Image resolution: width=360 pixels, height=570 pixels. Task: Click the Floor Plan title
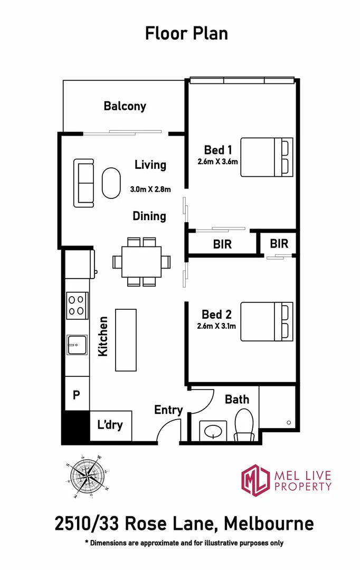186,33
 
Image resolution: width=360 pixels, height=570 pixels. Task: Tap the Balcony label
125,106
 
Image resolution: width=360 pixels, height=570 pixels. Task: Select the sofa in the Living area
84,183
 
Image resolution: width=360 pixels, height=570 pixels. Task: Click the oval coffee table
111,183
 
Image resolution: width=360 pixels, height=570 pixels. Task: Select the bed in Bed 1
267,157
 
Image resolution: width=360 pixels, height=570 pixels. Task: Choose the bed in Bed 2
267,321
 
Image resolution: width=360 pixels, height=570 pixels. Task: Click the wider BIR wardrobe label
222,244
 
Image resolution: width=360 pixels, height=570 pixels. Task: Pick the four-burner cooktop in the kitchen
77,305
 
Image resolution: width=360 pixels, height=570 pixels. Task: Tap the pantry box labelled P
76,395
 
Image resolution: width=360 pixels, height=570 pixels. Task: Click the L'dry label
110,424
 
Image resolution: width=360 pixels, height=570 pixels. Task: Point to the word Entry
168,410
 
